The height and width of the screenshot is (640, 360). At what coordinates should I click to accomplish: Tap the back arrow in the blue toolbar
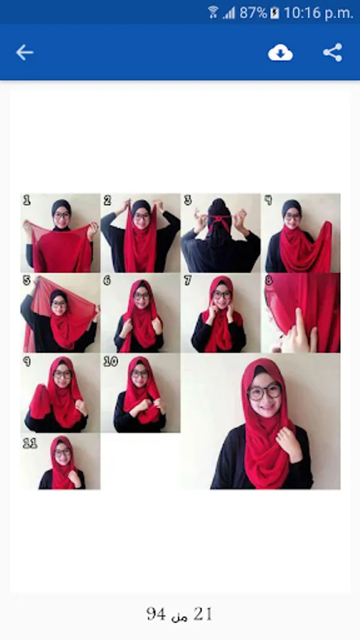pyautogui.click(x=24, y=53)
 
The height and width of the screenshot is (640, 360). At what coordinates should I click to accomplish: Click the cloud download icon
pyautogui.click(x=280, y=53)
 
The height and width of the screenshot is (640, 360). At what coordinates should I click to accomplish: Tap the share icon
pyautogui.click(x=333, y=53)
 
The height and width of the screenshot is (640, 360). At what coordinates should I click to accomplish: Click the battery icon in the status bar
pyautogui.click(x=275, y=13)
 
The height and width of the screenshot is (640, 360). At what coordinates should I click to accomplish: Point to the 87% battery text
pyautogui.click(x=253, y=13)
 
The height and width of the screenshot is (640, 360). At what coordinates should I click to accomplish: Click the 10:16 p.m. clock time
pyautogui.click(x=318, y=13)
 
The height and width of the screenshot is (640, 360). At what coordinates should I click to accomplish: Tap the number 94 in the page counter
pyautogui.click(x=156, y=614)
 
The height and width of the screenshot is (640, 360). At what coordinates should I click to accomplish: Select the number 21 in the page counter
pyautogui.click(x=203, y=614)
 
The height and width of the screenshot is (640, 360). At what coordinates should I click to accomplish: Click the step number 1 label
pyautogui.click(x=26, y=200)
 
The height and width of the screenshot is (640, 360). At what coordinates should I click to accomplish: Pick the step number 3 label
pyautogui.click(x=187, y=200)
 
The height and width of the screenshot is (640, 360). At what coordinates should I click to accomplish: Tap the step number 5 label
pyautogui.click(x=27, y=280)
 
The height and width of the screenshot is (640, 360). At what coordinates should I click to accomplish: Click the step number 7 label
pyautogui.click(x=187, y=280)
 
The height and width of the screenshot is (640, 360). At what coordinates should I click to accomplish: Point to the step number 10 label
pyautogui.click(x=110, y=361)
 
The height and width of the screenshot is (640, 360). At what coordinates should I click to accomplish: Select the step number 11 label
pyautogui.click(x=30, y=443)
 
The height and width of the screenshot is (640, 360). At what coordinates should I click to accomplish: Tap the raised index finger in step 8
pyautogui.click(x=301, y=325)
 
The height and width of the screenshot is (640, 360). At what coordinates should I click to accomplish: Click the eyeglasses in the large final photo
pyautogui.click(x=264, y=392)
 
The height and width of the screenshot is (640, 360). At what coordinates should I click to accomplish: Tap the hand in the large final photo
pyautogui.click(x=289, y=443)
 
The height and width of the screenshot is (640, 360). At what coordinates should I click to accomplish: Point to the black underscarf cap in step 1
pyautogui.click(x=61, y=207)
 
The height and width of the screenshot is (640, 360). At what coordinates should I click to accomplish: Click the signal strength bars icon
pyautogui.click(x=229, y=13)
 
